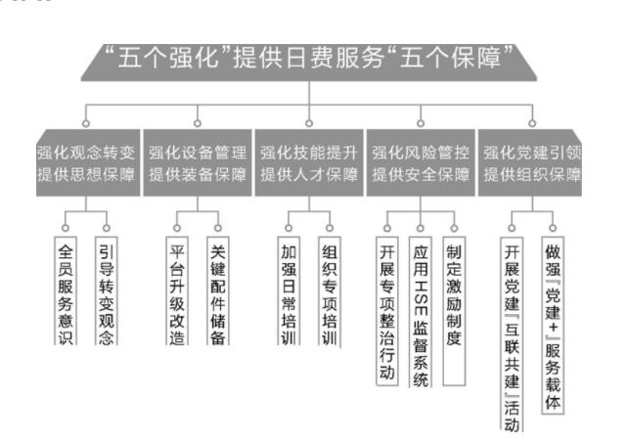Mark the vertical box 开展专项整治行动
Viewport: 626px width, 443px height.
(386, 309)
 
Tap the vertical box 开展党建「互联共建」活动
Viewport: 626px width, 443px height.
(512, 332)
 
